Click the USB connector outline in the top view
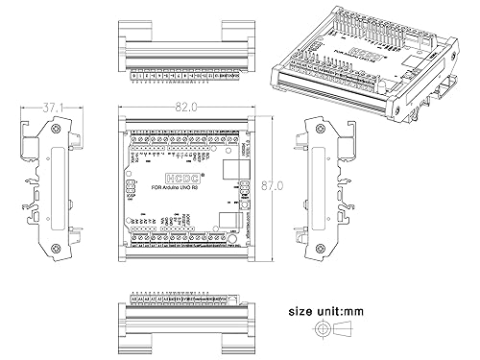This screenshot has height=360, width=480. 237,169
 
